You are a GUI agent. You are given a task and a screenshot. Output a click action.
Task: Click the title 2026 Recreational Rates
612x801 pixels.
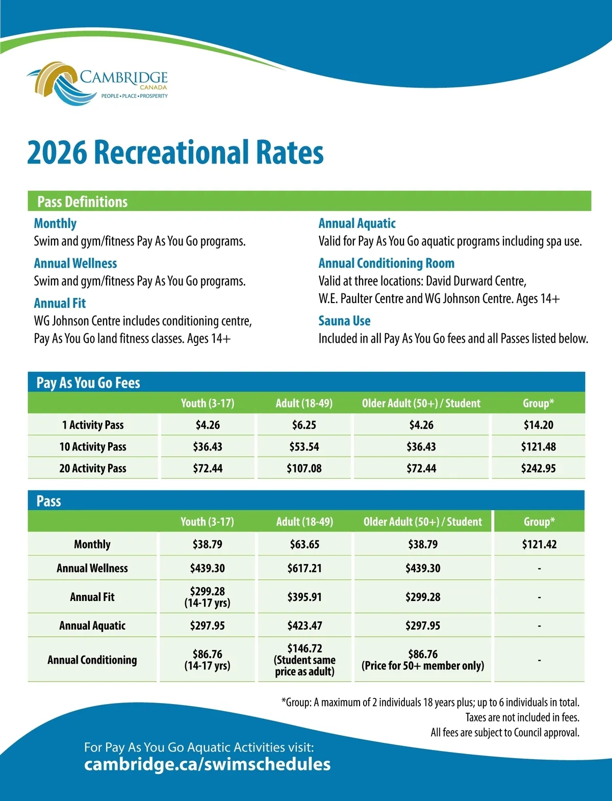pos(175,153)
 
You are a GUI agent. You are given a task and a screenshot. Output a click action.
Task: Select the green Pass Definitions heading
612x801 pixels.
pos(82,202)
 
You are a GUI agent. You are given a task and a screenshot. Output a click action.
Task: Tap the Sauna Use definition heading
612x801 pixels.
pos(344,321)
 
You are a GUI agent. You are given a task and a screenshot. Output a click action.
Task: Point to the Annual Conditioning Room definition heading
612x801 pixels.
pos(386,263)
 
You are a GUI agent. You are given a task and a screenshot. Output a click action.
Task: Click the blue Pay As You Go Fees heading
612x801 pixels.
pos(88,383)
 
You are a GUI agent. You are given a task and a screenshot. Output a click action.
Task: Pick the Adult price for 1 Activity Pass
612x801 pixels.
pos(304,425)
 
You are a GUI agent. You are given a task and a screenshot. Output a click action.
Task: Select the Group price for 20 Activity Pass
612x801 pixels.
pos(538,468)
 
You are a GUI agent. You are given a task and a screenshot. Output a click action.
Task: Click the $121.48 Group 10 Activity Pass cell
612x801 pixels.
pos(538,447)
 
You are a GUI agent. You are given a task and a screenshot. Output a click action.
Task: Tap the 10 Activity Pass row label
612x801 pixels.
pos(93,447)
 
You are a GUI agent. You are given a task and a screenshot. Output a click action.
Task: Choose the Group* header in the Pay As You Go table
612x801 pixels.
pos(538,404)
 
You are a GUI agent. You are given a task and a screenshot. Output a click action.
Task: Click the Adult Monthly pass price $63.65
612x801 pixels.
pos(304,544)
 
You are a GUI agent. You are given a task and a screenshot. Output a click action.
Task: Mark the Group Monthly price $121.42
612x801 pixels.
pos(539,544)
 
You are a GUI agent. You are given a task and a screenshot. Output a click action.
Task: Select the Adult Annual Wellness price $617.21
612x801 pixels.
pos(304,568)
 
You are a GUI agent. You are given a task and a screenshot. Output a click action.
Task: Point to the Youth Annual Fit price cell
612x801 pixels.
pos(207,597)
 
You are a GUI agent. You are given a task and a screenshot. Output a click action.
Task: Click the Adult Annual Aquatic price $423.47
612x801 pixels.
pos(304,625)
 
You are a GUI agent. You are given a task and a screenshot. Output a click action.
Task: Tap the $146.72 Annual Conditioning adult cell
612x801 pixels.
pos(304,660)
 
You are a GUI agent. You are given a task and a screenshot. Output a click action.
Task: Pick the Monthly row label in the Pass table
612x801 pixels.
pos(92,544)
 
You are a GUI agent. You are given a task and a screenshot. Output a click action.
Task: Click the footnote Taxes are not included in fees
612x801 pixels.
pos(522,717)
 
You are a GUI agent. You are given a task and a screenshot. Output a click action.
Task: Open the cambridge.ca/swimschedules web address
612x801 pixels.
pos(207,764)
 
